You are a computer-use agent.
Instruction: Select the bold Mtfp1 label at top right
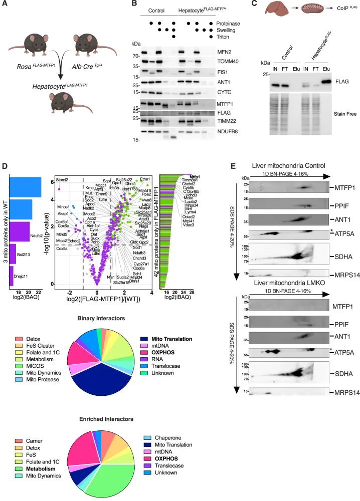(x=193, y=176)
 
